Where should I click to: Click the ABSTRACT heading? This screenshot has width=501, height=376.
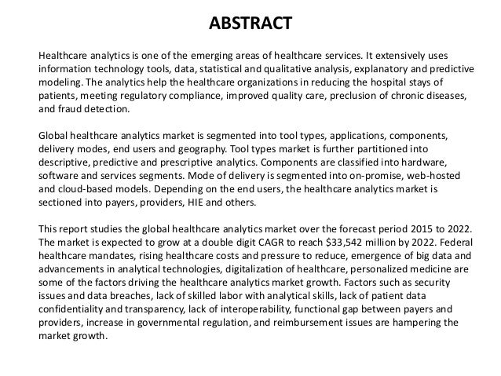251,20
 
